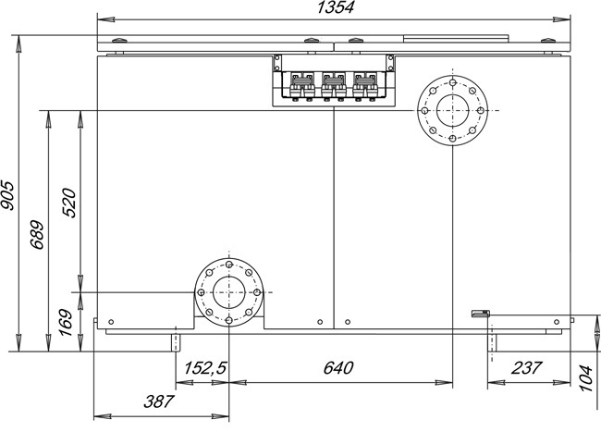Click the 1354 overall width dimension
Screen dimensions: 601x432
click(x=336, y=7)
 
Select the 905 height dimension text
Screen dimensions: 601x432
click(x=7, y=195)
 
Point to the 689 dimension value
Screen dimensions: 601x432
click(x=37, y=235)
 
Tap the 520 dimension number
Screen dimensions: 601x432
click(x=69, y=203)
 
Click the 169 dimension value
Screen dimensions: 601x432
click(x=66, y=322)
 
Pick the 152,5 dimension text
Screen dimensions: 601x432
click(x=205, y=368)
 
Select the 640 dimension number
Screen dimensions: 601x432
click(x=338, y=368)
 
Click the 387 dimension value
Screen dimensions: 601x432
click(x=159, y=401)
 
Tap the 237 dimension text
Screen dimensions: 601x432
click(x=526, y=368)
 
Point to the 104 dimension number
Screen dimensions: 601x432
click(x=586, y=378)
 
